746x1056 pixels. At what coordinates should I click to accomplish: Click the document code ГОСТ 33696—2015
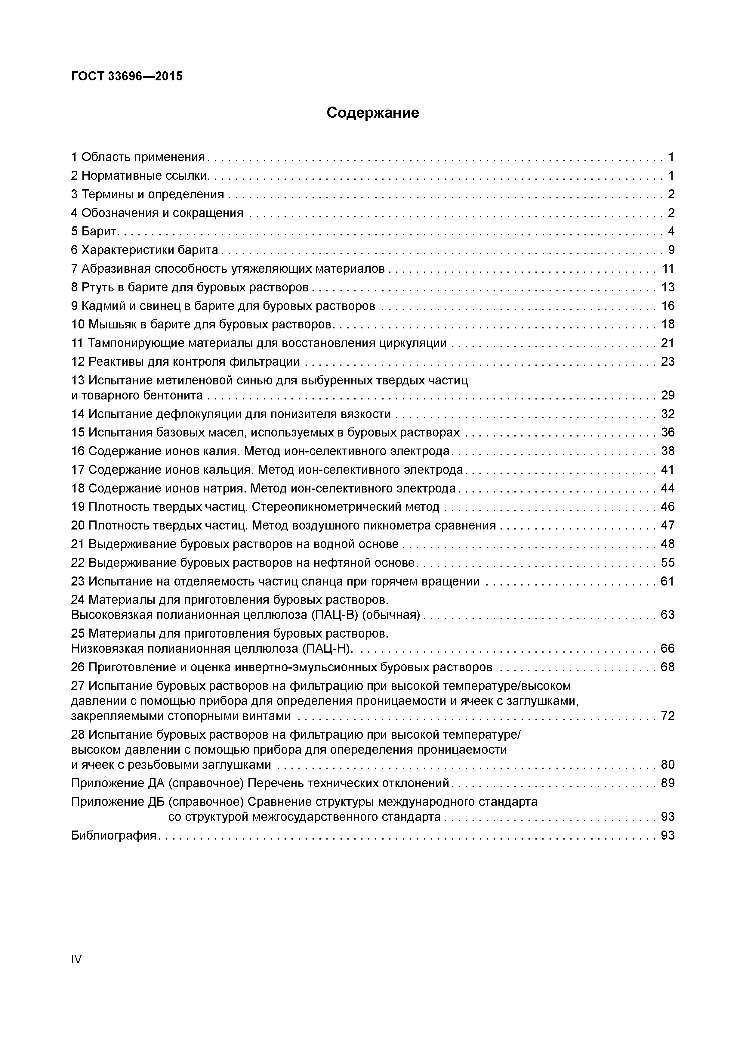coord(127,76)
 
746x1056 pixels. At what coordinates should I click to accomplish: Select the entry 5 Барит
coord(95,231)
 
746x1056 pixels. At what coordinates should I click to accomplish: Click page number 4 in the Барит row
coord(671,231)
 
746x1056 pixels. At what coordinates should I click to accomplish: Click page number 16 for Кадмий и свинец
coord(667,306)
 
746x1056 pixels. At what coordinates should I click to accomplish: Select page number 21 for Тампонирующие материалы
coord(667,343)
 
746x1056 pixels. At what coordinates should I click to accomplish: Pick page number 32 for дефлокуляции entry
coord(667,414)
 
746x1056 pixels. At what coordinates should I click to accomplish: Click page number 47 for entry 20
coord(667,525)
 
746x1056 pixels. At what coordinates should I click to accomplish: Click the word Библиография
coord(114,835)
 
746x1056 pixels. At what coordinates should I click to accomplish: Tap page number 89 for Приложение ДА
coord(667,783)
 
